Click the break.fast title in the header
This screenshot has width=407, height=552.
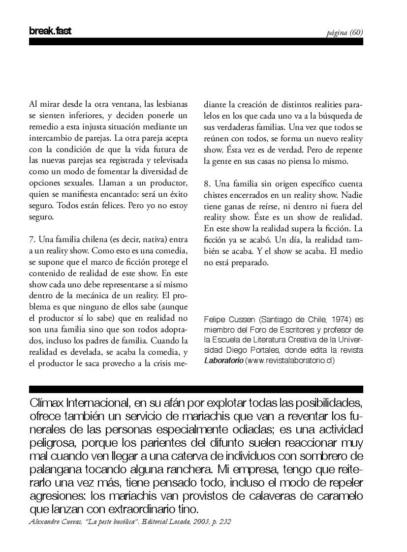50,31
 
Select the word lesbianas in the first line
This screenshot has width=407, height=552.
170,104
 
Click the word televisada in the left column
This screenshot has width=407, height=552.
169,160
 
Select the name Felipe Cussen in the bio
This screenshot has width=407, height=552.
225,320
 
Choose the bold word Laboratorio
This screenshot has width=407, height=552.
223,361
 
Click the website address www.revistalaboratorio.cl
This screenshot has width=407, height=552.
290,361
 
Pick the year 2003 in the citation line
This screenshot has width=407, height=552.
191,521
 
